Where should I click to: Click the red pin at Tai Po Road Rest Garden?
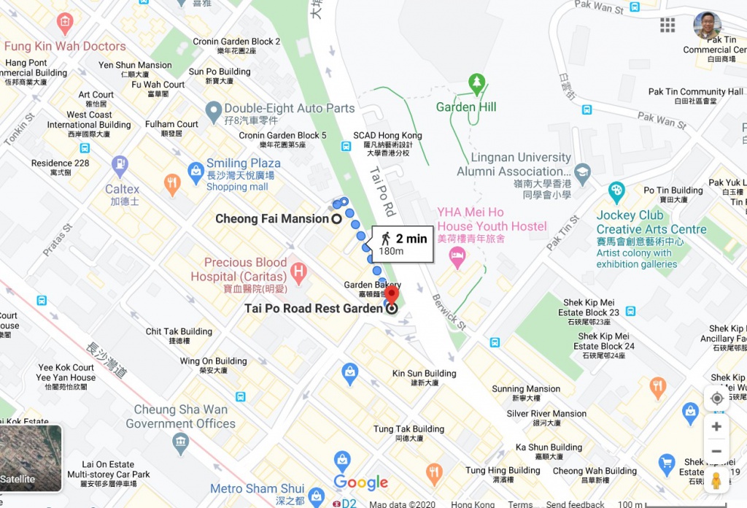(392, 296)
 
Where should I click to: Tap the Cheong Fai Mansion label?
(272, 219)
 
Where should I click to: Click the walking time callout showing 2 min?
(403, 244)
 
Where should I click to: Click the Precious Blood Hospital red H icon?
(298, 274)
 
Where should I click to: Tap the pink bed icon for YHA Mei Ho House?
(457, 256)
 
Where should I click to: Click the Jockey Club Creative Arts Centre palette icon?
(616, 192)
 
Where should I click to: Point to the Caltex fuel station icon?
(121, 166)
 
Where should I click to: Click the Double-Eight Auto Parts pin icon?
(213, 112)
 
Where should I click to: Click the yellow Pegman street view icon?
(716, 480)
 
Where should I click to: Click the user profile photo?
(707, 26)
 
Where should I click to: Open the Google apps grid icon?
(667, 26)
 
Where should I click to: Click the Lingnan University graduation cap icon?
(581, 174)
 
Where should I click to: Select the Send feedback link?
(575, 504)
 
